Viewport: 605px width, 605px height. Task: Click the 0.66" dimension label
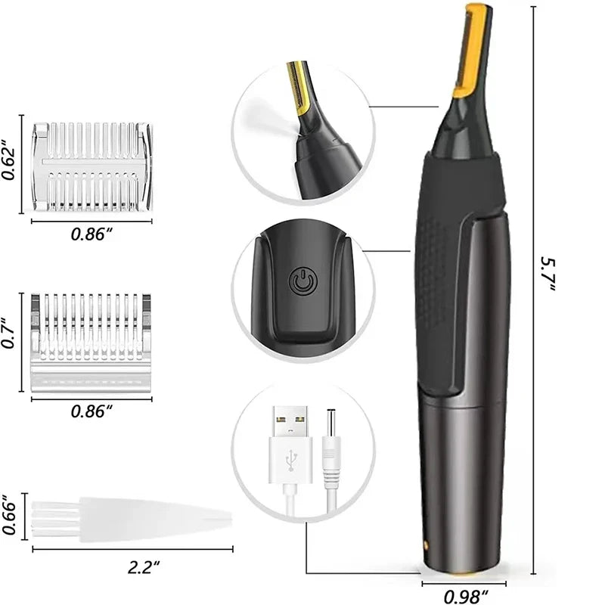11,514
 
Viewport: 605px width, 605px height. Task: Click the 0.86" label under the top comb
92,234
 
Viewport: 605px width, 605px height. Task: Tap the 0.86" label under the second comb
92,411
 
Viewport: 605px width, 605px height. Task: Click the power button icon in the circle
301,284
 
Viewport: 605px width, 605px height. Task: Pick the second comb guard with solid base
92,340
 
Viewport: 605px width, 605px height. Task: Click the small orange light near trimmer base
427,542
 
